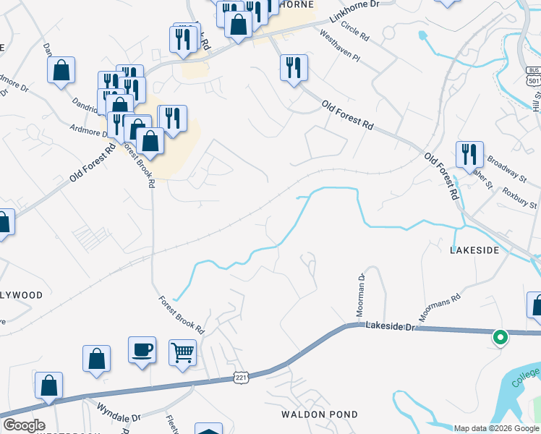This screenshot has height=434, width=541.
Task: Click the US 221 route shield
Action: click(x=242, y=378)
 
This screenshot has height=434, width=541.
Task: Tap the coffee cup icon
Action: click(x=142, y=351)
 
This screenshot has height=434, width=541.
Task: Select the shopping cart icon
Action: click(x=182, y=353)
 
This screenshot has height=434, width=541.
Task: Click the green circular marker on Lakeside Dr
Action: click(x=500, y=336)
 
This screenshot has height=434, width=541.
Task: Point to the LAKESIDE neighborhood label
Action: click(x=474, y=250)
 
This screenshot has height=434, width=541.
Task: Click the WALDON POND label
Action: click(x=320, y=414)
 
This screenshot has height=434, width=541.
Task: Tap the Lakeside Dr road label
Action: click(x=392, y=327)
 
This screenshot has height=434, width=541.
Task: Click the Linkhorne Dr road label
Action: click(x=354, y=14)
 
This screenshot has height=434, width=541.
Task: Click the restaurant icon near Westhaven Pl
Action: click(x=294, y=69)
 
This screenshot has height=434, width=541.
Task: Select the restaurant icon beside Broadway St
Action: click(x=469, y=154)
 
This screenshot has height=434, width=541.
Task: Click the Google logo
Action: click(x=24, y=425)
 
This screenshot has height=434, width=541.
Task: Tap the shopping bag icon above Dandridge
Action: click(x=61, y=71)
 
